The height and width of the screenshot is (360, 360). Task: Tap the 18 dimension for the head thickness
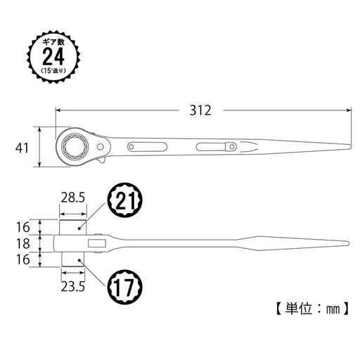coord(22,244)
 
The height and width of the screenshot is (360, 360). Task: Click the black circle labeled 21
coord(124,204)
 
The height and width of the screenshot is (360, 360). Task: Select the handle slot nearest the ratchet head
coord(144,147)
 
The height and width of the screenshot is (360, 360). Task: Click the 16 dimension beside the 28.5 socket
coord(22,227)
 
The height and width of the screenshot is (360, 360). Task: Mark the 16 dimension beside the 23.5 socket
coord(22,260)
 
